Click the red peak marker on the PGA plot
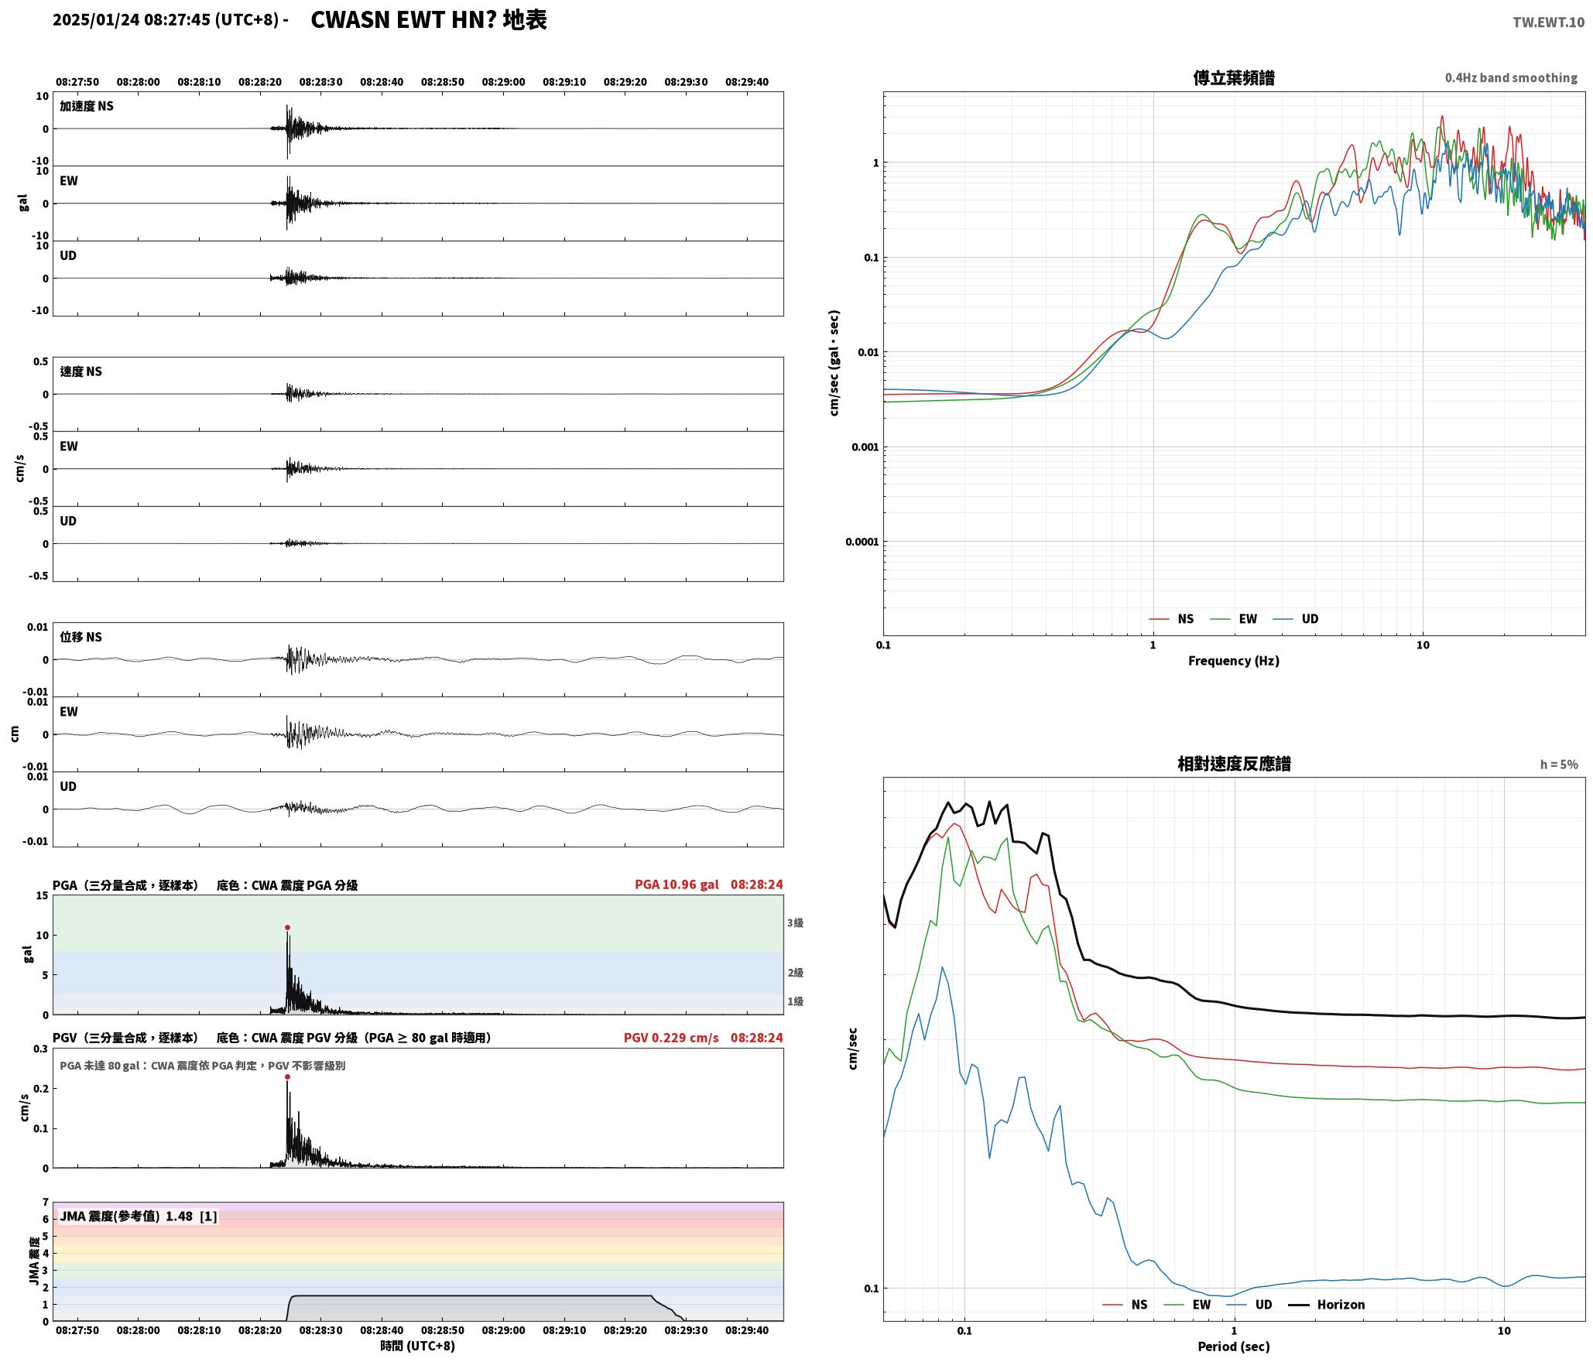287,927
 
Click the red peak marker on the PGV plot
287,1076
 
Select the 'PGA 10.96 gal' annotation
677,884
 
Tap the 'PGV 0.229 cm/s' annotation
671,1037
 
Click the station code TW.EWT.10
1548,22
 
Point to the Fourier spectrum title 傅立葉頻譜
1234,77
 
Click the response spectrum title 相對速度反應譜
1234,763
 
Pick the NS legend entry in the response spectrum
1125,1304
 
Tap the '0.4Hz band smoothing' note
1511,77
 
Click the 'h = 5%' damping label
1559,764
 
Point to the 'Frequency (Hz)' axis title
1234,660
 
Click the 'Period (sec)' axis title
1234,1346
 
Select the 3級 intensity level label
795,922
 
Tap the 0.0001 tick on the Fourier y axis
862,542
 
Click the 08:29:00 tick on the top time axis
503,82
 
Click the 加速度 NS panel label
87,106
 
